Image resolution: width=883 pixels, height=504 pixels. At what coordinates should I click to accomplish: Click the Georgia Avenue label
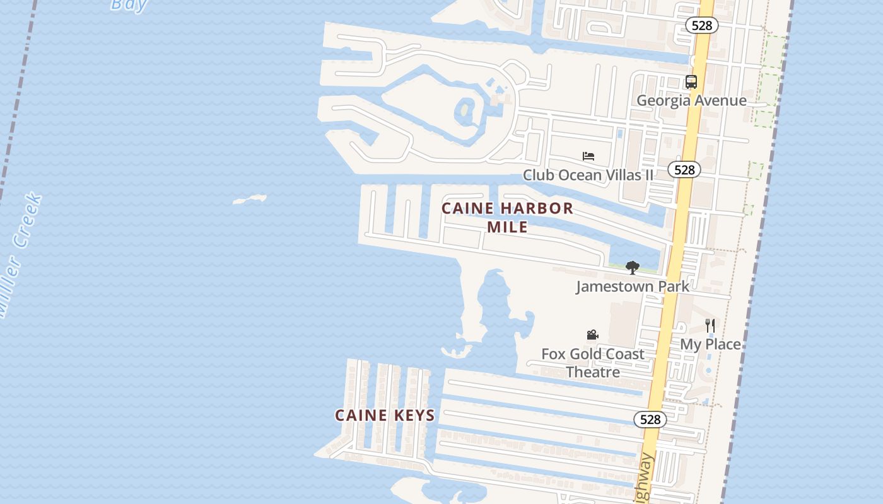point(691,101)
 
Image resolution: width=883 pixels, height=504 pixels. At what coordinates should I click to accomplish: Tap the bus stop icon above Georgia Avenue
point(691,82)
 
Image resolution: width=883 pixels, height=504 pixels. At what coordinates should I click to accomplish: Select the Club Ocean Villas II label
point(588,175)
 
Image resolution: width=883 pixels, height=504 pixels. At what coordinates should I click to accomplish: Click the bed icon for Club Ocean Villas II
point(588,156)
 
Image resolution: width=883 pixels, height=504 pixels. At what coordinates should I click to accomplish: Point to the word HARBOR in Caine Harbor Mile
point(534,209)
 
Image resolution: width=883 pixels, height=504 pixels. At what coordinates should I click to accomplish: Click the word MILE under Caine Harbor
point(507,227)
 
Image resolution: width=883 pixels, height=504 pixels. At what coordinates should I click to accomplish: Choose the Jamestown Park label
point(633,287)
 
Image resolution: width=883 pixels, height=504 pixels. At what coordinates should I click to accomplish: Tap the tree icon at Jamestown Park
point(633,268)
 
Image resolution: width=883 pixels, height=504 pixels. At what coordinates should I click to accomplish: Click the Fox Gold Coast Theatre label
point(593,363)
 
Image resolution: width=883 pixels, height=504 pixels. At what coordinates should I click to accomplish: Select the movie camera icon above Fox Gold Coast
point(592,335)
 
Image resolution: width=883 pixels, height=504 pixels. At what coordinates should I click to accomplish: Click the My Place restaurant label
point(710,345)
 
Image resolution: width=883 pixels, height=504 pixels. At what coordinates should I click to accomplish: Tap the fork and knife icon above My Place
point(710,326)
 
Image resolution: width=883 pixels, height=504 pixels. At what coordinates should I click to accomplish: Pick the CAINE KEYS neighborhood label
point(385,415)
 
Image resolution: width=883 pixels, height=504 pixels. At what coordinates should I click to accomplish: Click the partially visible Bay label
point(129,5)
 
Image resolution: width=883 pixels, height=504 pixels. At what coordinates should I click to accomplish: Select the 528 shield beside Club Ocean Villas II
point(684,169)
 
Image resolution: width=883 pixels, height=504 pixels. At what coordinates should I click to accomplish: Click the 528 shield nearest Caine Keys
point(650,420)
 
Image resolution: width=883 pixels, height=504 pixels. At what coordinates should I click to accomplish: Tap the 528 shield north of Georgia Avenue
point(702,25)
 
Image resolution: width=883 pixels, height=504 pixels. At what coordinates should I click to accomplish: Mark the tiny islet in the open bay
point(250,200)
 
